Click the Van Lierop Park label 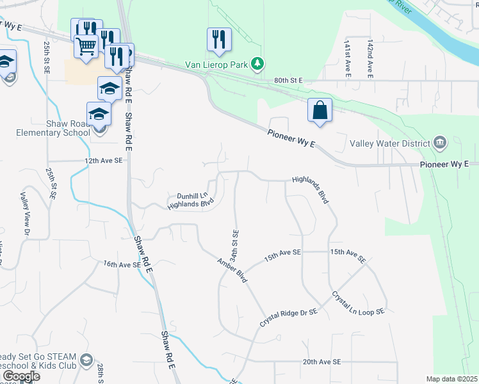pos(217,63)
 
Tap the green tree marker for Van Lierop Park pos(257,63)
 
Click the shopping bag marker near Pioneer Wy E pos(320,110)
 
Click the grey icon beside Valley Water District pos(440,142)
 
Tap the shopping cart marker pos(86,45)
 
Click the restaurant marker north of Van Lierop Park pos(218,39)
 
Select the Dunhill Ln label pos(193,195)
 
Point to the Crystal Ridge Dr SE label pos(288,317)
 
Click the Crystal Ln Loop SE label pos(357,303)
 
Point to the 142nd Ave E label pos(370,59)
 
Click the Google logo pos(21,376)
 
